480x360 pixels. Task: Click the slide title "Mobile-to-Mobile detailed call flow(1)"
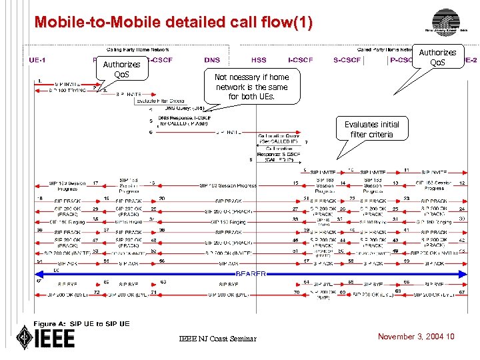click(x=173, y=22)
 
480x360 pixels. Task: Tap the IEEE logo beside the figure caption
click(x=45, y=336)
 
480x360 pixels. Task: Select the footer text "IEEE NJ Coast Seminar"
click(x=217, y=339)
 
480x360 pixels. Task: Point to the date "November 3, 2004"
click(x=411, y=337)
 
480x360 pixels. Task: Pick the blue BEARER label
click(x=251, y=273)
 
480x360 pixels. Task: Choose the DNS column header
click(x=212, y=60)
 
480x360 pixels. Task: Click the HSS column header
click(x=259, y=60)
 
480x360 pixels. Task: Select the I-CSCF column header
click(x=302, y=60)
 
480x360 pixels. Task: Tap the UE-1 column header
click(x=38, y=60)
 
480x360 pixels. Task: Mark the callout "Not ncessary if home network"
click(x=252, y=87)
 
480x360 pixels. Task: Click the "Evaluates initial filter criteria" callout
click(x=372, y=129)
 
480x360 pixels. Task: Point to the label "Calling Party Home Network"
click(x=139, y=49)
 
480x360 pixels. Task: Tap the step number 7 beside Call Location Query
click(x=305, y=142)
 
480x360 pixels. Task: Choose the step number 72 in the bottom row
click(x=97, y=292)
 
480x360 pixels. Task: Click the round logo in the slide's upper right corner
click(x=445, y=20)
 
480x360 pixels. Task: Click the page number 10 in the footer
click(x=451, y=337)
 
